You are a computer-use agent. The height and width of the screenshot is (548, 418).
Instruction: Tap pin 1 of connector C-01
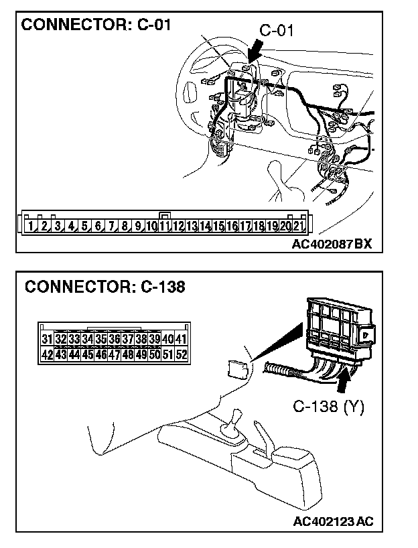pos(31,226)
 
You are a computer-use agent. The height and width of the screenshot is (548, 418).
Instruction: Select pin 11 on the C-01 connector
pos(165,226)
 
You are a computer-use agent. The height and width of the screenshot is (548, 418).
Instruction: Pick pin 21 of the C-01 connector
pos(299,226)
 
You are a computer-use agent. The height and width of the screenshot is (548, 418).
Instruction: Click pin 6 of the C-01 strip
pos(98,226)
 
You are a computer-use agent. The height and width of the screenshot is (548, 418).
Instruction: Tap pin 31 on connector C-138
pos(47,339)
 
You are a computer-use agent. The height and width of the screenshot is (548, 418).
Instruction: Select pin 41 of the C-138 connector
pos(181,339)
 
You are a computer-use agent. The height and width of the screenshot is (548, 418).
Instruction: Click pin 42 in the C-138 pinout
pos(47,354)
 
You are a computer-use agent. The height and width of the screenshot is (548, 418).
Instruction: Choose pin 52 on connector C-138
pos(181,354)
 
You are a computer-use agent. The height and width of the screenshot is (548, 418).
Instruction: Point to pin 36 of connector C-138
pos(114,339)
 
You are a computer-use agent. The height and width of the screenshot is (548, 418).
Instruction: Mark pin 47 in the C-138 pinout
pos(114,354)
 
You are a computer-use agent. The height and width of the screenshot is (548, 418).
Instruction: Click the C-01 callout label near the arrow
pos(276,31)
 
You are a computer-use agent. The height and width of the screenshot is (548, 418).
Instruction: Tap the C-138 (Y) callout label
pos(328,407)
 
